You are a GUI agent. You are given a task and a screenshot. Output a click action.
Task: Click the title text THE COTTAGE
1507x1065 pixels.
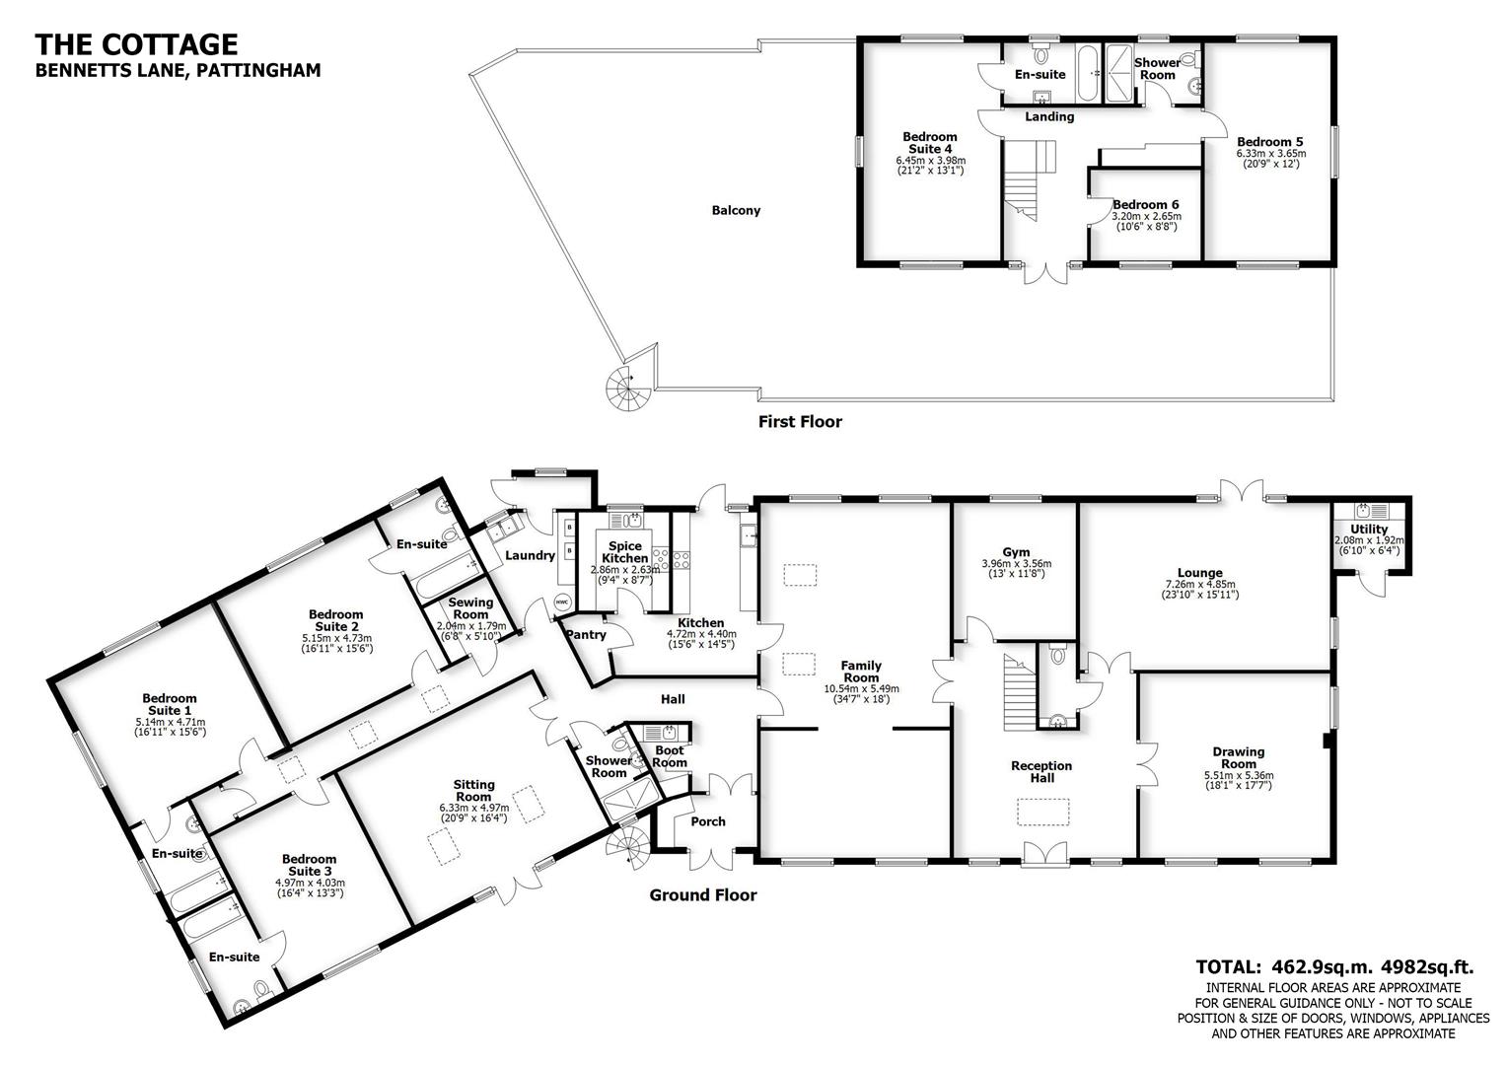coord(136,44)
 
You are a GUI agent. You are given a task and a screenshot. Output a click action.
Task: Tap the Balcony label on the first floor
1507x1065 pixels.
coord(736,210)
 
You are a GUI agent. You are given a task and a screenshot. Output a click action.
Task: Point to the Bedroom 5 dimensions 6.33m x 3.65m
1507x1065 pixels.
coord(1270,153)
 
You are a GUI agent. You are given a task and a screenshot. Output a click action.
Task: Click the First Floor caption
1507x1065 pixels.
coord(800,422)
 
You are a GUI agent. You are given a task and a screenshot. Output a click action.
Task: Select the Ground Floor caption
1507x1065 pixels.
coord(702,895)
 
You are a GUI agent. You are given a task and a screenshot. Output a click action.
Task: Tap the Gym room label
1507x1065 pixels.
coord(1016,552)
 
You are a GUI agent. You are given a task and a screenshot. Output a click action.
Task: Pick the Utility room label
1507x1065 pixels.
coord(1370,530)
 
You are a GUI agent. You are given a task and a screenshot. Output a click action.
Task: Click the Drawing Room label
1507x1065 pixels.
coord(1239,757)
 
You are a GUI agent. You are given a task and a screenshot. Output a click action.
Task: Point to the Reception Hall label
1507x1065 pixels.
coord(1041,771)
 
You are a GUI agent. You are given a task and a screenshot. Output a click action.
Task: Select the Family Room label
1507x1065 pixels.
coord(861,672)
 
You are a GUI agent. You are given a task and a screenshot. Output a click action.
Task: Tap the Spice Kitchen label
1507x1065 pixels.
coord(625,552)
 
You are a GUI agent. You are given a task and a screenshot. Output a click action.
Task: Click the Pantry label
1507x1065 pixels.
coord(587,635)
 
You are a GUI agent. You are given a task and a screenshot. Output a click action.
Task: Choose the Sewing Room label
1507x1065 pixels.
coord(470,608)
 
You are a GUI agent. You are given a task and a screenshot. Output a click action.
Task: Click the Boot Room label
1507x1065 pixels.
coord(670,756)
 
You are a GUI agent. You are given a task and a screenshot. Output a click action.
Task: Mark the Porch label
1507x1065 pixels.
coord(708,821)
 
